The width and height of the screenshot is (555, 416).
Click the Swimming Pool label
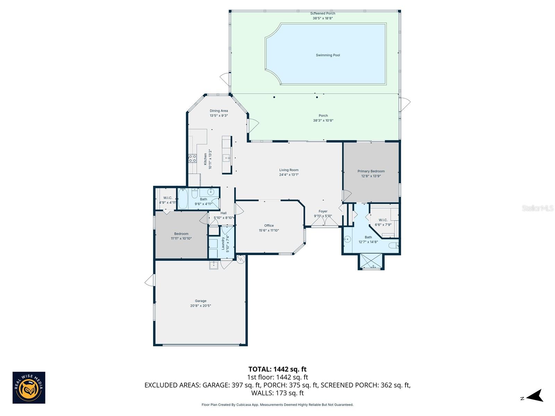click(328, 55)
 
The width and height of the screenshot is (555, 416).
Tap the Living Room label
click(289, 170)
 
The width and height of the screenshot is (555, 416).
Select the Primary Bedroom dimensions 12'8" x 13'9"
click(371, 176)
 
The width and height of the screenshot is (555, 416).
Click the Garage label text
click(200, 301)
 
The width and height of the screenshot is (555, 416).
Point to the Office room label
click(269, 226)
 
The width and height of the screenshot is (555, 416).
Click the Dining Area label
click(219, 111)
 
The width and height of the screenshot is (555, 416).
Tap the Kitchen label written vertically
click(205, 159)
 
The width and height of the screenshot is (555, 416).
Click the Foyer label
click(323, 211)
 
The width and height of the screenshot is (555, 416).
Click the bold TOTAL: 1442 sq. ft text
click(277, 369)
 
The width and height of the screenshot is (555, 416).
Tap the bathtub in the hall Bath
click(183, 199)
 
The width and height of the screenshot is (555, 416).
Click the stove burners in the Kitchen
click(192, 158)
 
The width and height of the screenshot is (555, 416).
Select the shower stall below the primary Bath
click(371, 262)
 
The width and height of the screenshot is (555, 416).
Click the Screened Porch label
click(323, 14)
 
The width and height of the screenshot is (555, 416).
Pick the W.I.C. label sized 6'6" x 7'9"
click(383, 220)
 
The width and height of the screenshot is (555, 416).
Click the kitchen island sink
click(227, 158)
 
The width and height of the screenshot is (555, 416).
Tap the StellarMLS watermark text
click(537, 208)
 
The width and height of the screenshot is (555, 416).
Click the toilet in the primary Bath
click(394, 246)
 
